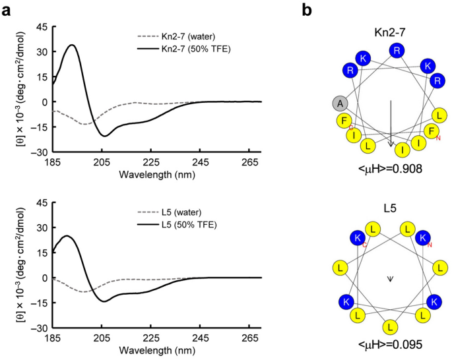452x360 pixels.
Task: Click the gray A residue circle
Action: pyautogui.click(x=340, y=103)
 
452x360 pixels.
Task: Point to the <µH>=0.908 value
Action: pyautogui.click(x=390, y=169)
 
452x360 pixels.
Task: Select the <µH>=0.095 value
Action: pyautogui.click(x=390, y=345)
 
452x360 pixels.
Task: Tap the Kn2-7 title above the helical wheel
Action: pyautogui.click(x=390, y=32)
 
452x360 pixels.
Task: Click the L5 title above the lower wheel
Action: pyautogui.click(x=390, y=208)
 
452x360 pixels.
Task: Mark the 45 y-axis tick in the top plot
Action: pyautogui.click(x=42, y=27)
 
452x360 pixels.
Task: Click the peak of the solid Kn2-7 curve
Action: pyautogui.click(x=72, y=45)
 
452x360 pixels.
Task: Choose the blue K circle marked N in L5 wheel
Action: pyautogui.click(x=423, y=237)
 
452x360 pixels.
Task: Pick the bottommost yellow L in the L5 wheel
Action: pyautogui.click(x=390, y=326)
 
